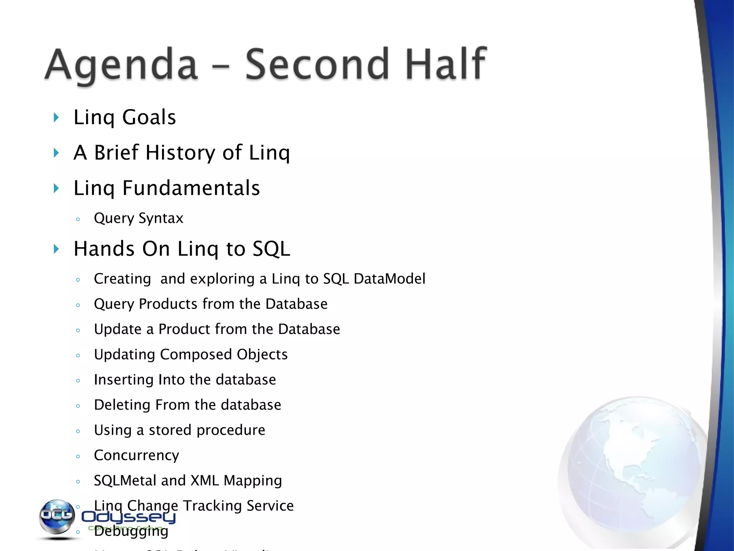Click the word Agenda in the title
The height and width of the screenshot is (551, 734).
coord(121,65)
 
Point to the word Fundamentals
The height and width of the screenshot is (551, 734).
coord(191,188)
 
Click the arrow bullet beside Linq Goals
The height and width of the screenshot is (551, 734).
coord(56,117)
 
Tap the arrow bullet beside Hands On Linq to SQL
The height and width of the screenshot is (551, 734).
coord(56,249)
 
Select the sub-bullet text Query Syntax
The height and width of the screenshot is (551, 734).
coord(138,218)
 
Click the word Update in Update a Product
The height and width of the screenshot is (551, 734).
coord(118,329)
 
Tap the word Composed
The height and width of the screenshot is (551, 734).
coord(196,354)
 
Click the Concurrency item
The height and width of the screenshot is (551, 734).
coord(136,456)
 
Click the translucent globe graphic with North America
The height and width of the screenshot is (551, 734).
coord(631,474)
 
